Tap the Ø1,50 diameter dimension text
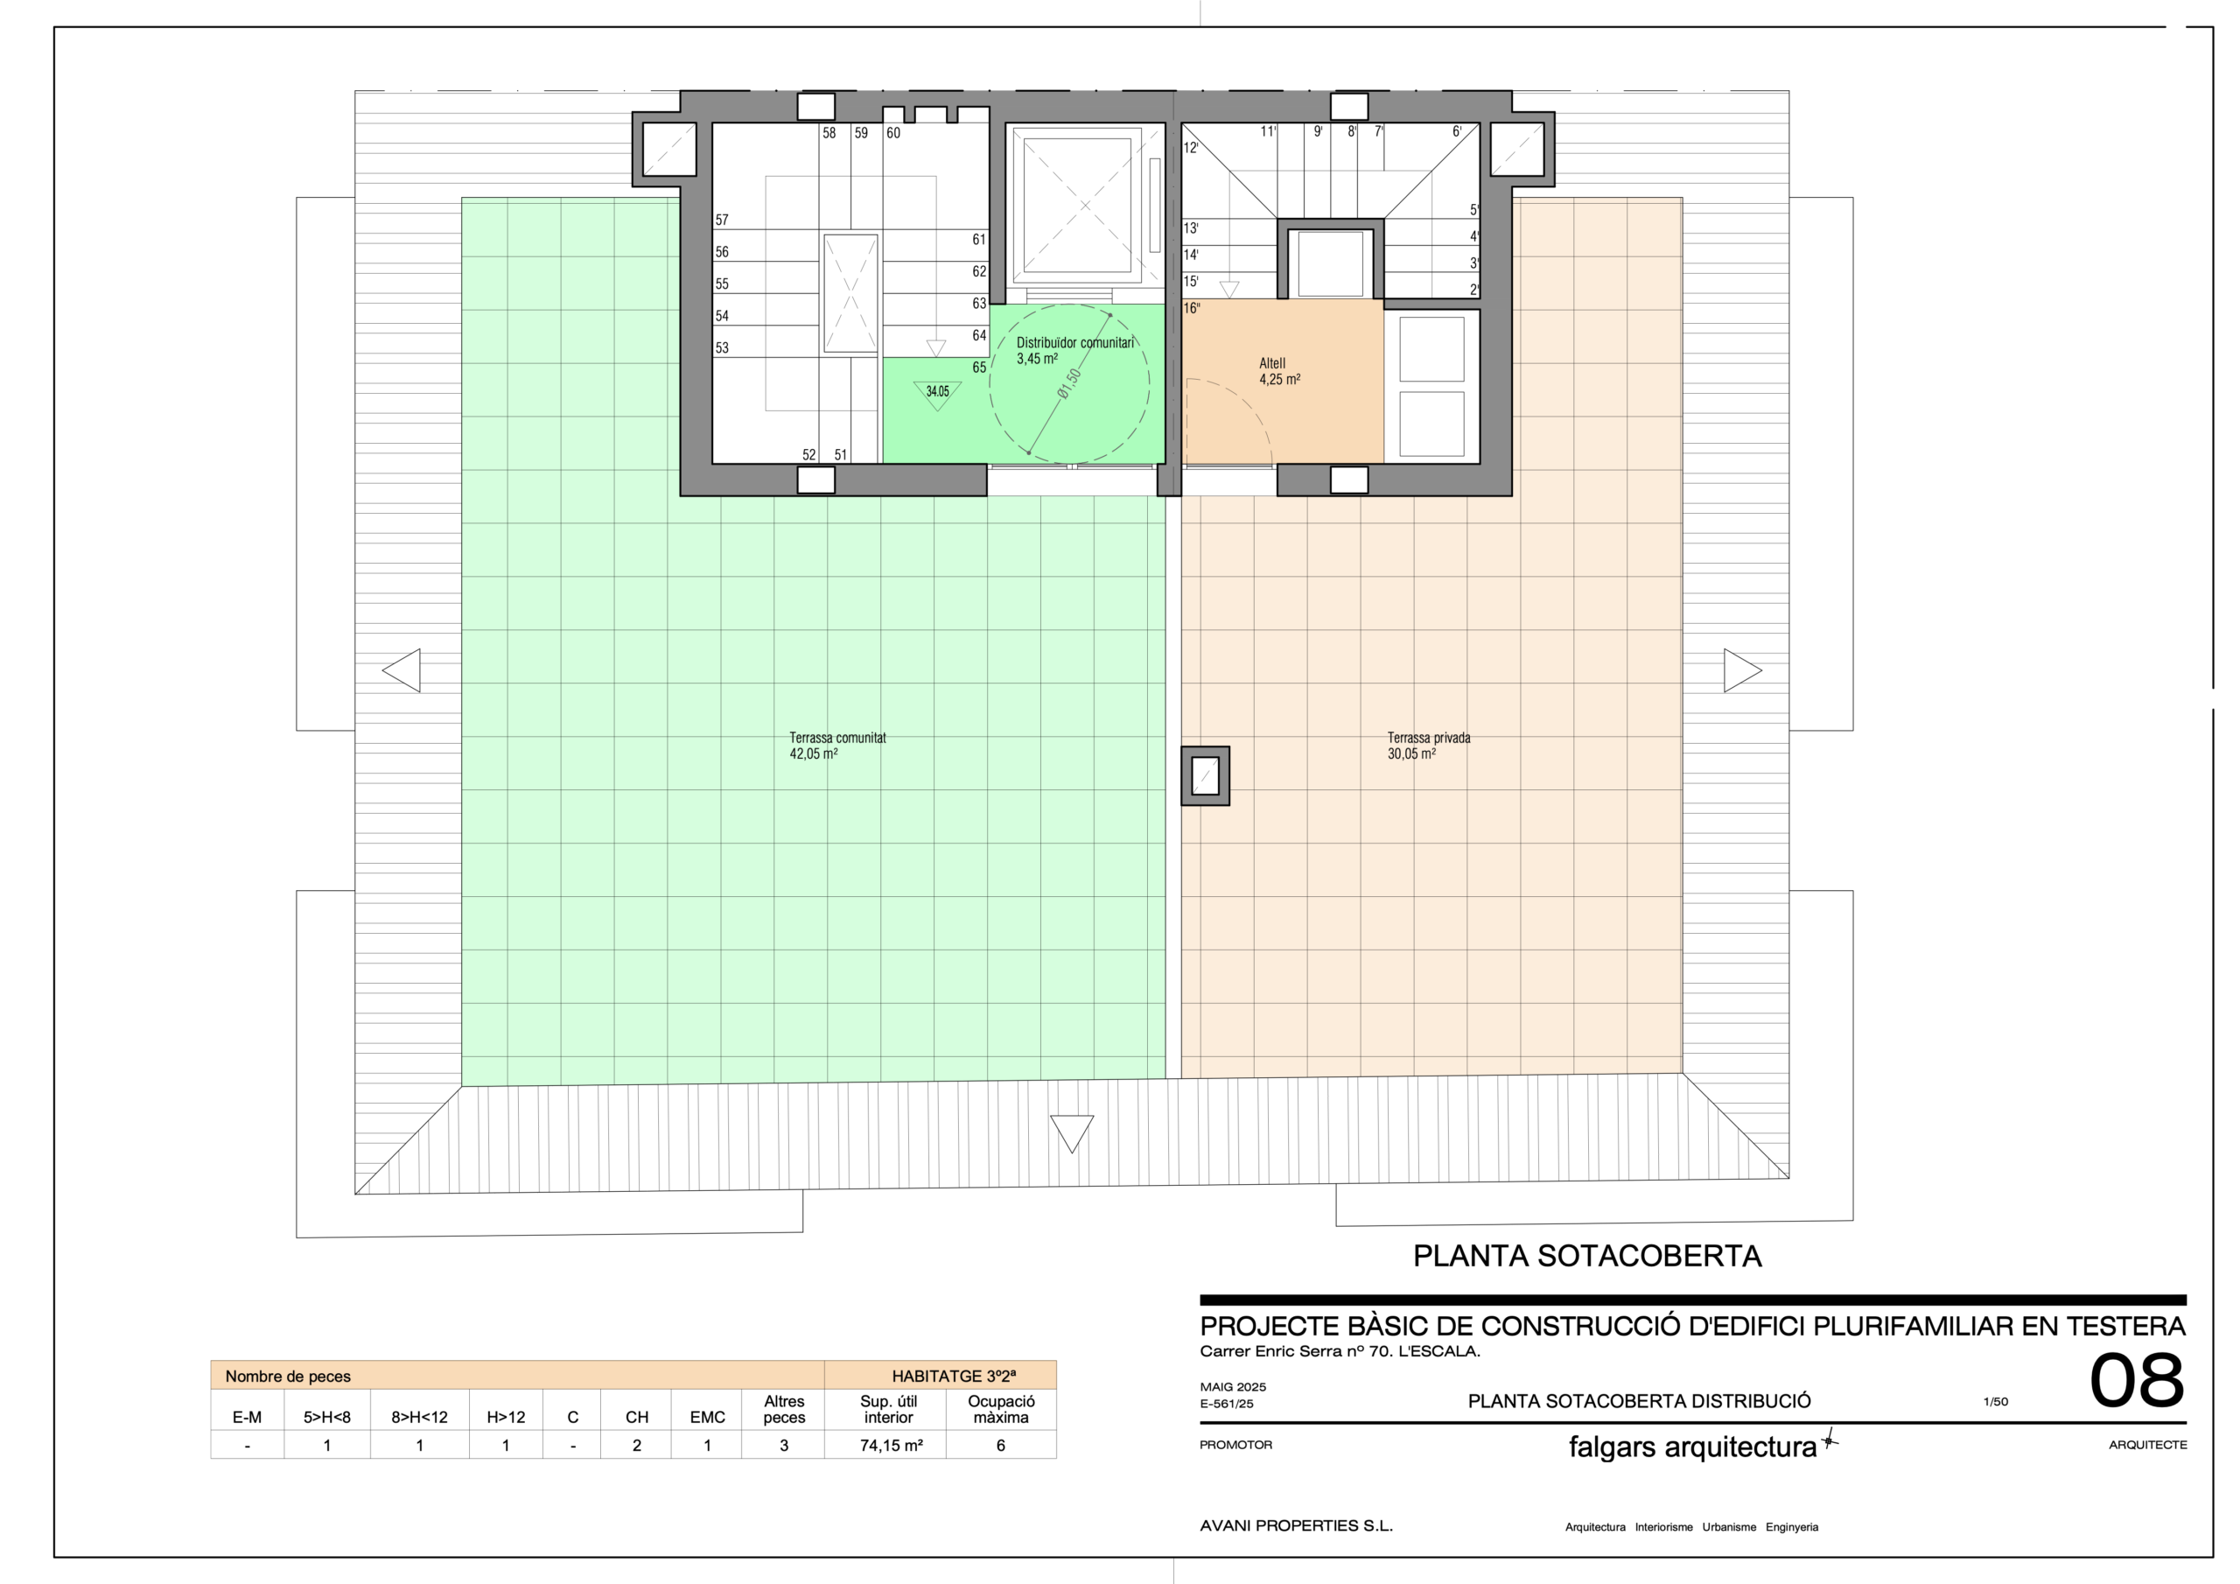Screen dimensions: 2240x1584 [x=1070, y=383]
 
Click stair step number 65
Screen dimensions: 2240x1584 [x=978, y=368]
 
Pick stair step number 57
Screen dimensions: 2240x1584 [x=722, y=221]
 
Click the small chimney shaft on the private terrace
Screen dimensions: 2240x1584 [x=1205, y=776]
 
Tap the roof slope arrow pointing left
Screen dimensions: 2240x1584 [x=401, y=670]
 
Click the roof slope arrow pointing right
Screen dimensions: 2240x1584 [x=1742, y=670]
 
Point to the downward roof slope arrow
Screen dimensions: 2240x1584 [x=1071, y=1133]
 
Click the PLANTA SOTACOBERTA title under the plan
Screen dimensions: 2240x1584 [x=1587, y=1256]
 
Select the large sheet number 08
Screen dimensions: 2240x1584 [x=2137, y=1381]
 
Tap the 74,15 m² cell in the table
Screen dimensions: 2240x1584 [x=891, y=1446]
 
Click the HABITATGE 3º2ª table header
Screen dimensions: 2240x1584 [x=953, y=1376]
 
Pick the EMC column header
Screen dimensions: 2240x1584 [x=707, y=1417]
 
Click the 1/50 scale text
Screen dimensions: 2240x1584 [x=1995, y=1401]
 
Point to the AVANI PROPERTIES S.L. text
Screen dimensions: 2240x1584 [x=1296, y=1525]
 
